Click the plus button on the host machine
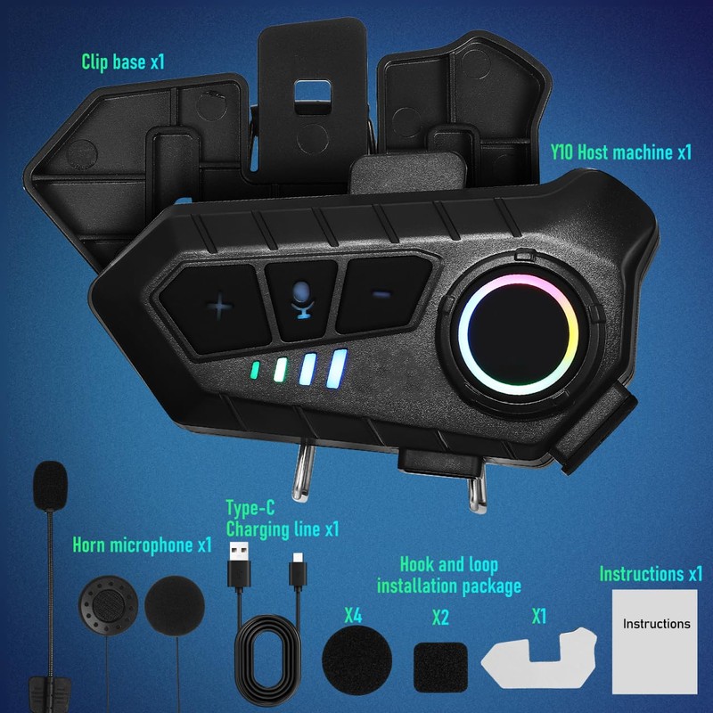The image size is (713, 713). (x=219, y=306)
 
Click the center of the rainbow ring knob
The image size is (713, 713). (x=516, y=331)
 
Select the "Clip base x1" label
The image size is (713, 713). (x=123, y=61)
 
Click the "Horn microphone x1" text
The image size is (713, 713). (x=142, y=544)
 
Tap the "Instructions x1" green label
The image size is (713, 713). (x=651, y=573)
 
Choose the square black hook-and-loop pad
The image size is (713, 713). (x=439, y=662)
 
